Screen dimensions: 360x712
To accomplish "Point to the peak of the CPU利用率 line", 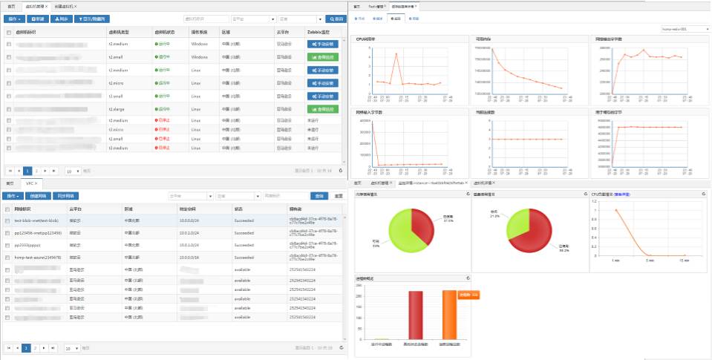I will pos(396,53).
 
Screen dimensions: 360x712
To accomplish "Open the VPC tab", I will pos(31,183).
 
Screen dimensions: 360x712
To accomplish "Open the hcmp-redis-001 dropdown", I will pos(683,29).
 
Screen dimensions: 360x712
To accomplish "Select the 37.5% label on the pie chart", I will pos(448,220).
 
